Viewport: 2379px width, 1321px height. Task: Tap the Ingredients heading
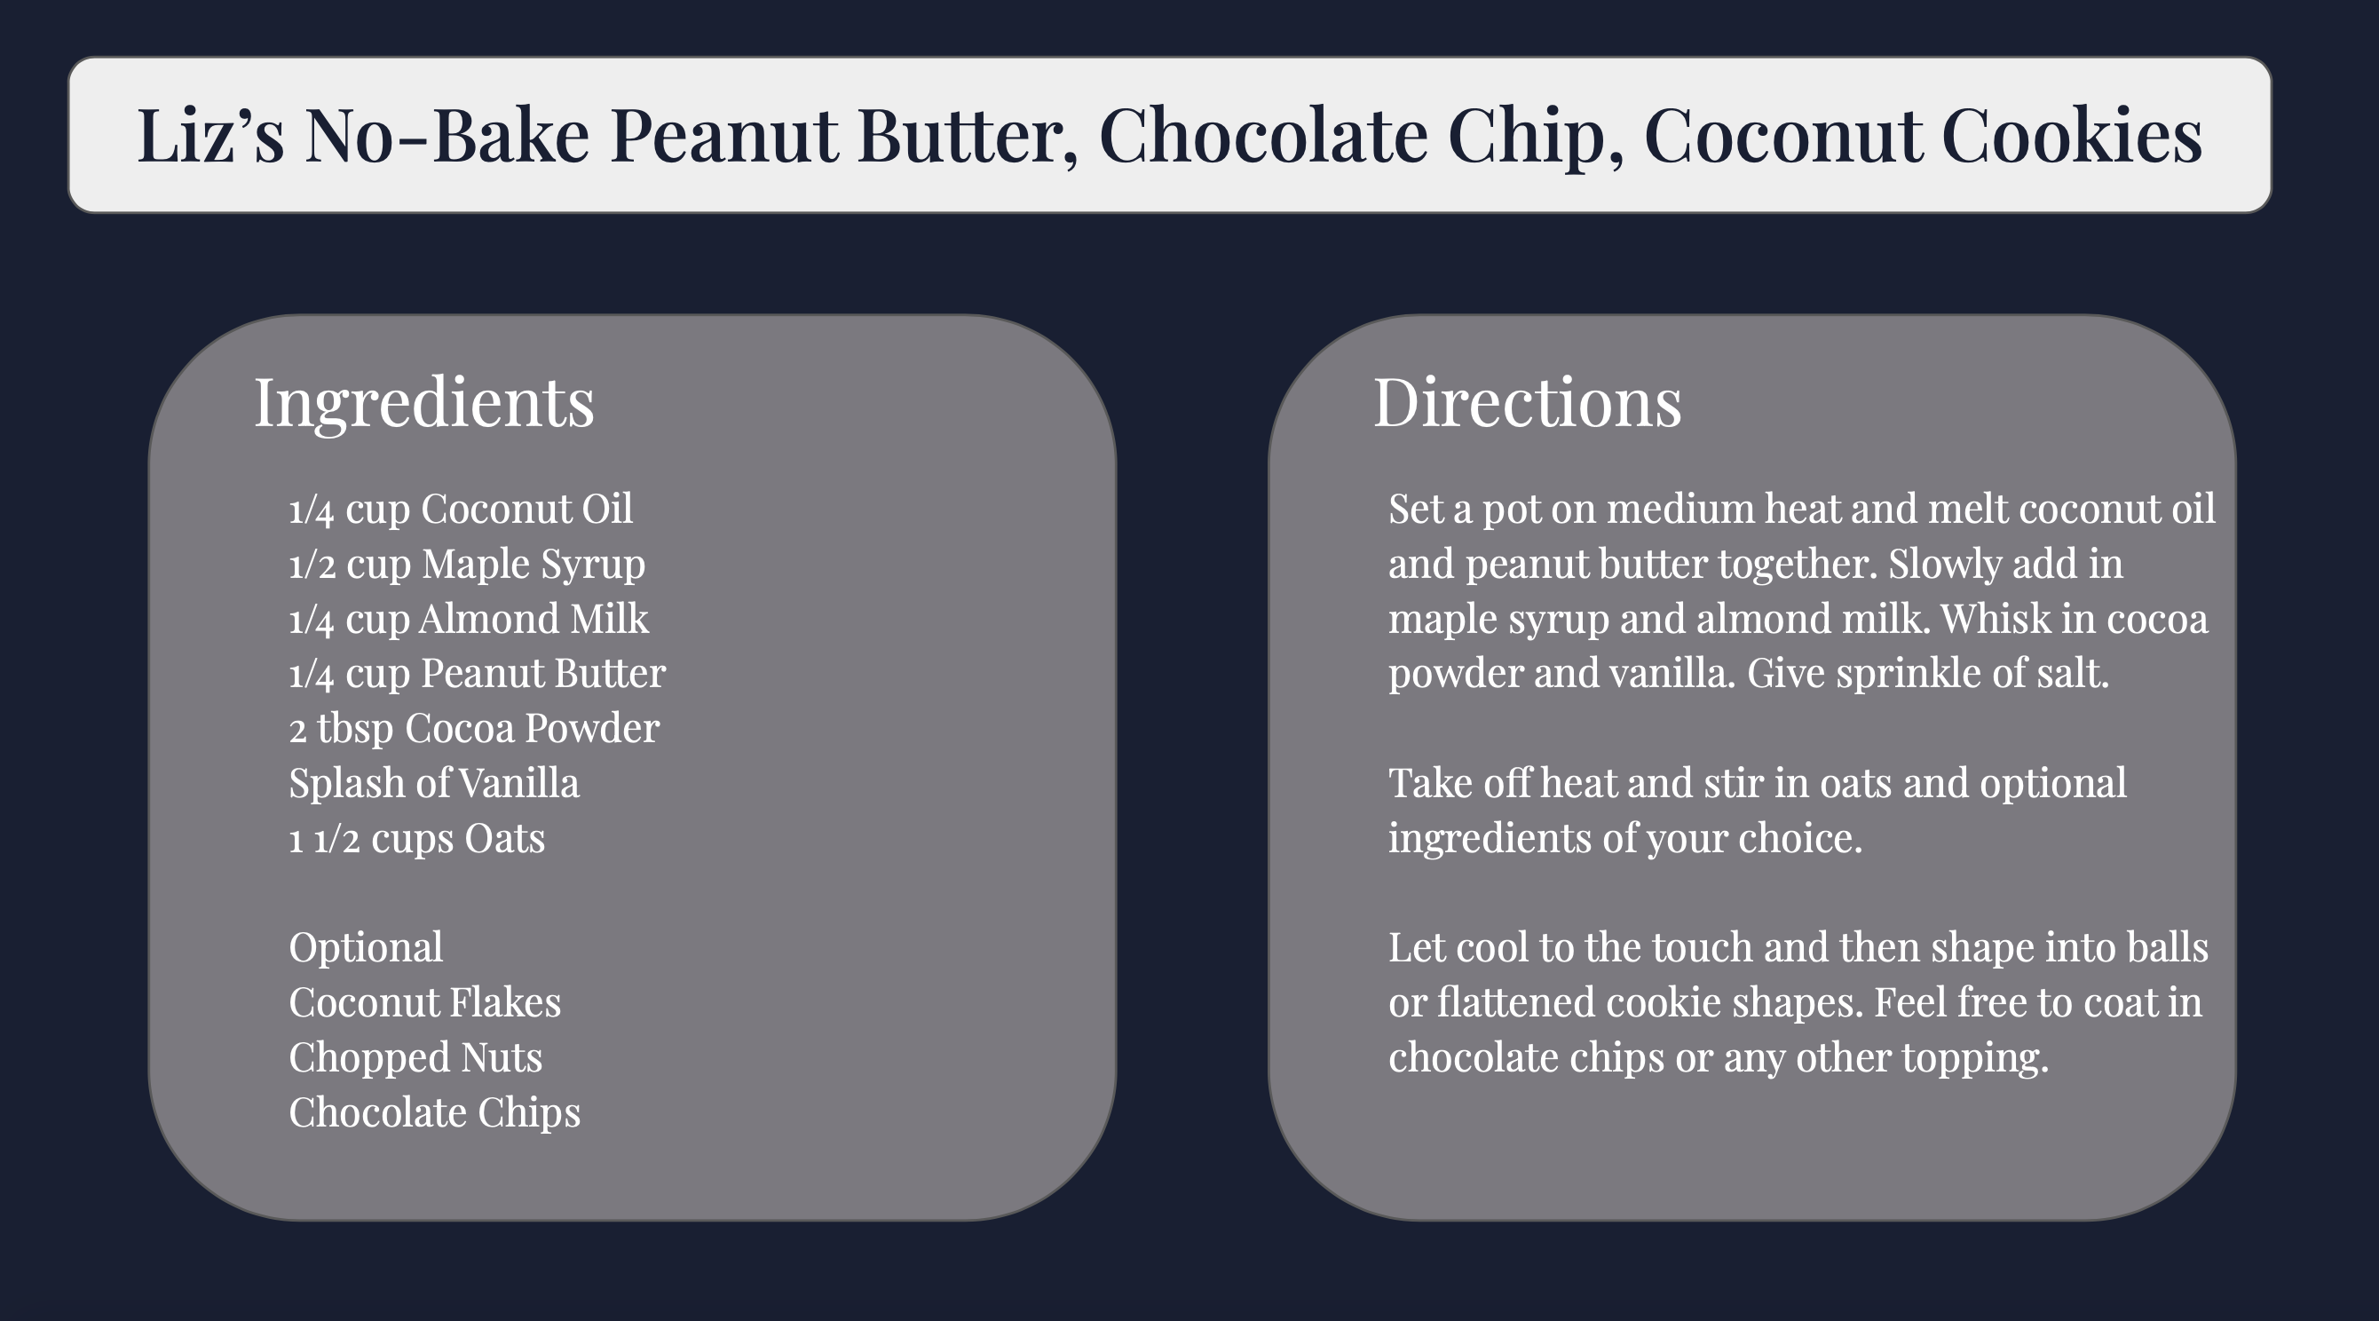(x=424, y=404)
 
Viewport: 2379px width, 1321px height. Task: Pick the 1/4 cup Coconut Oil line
(x=461, y=509)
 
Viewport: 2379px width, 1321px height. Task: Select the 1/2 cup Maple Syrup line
(x=467, y=565)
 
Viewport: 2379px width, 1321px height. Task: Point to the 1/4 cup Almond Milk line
(x=470, y=619)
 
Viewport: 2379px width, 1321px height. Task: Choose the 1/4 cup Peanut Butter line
(x=478, y=674)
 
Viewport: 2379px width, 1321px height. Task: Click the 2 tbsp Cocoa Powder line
(x=474, y=729)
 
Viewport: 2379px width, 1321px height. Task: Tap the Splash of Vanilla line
(x=434, y=783)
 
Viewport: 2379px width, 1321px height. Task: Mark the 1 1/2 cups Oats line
(x=417, y=839)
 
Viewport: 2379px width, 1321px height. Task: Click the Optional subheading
(x=366, y=949)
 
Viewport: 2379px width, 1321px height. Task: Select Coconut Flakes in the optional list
(x=425, y=1002)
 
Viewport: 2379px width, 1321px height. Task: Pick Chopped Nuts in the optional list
(x=415, y=1057)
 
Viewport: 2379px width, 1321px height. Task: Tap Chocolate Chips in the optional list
(x=435, y=1112)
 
